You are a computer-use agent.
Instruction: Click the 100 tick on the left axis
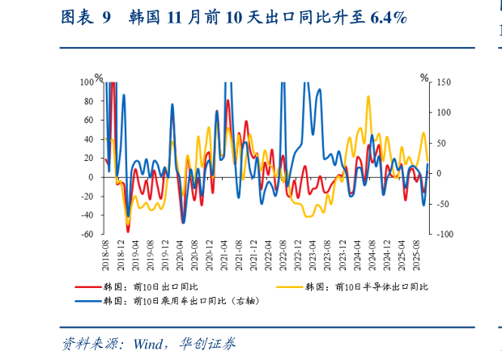(86, 82)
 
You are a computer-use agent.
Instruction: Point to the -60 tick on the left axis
(86, 235)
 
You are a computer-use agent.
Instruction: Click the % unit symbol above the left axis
(99, 78)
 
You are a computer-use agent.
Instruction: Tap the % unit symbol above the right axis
(424, 78)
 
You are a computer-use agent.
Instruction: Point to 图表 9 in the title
(86, 18)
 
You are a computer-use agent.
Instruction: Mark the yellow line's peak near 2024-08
(368, 97)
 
